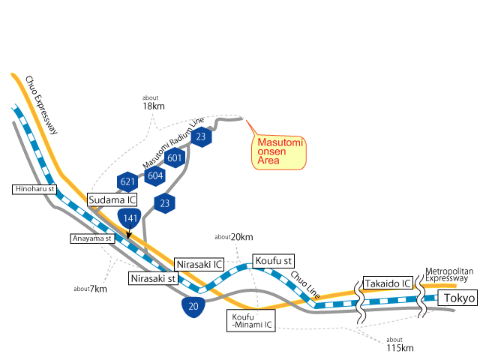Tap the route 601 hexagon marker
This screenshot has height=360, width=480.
[175, 158]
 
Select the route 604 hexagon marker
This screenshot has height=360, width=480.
[155, 175]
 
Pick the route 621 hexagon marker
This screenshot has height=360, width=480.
[127, 181]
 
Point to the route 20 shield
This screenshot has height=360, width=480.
[194, 306]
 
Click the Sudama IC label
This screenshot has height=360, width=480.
[112, 200]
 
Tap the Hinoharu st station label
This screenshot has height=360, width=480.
[35, 190]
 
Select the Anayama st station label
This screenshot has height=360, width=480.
[92, 238]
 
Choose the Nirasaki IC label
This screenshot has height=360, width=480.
[199, 265]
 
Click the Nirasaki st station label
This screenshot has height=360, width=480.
[153, 278]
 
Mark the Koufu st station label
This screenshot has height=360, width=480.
[272, 260]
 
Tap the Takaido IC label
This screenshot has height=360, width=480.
[388, 283]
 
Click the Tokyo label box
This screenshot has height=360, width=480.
[458, 298]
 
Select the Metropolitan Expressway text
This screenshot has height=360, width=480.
[449, 274]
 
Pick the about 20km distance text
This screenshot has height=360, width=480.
[233, 236]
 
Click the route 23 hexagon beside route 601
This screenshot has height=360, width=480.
[201, 137]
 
